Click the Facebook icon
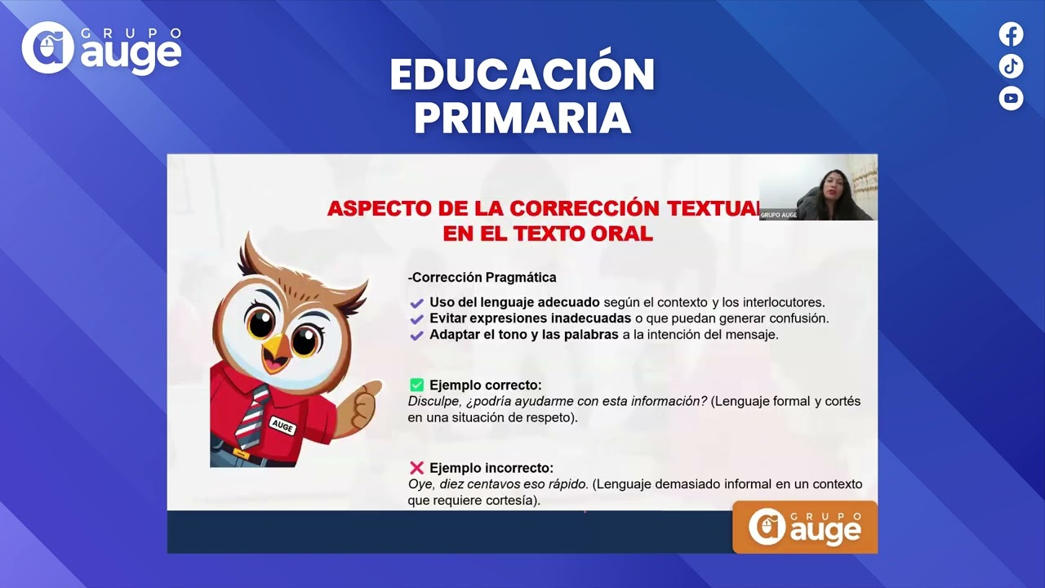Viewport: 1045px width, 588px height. click(x=1011, y=34)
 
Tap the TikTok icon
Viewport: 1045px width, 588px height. click(x=1011, y=66)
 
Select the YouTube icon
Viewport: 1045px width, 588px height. click(x=1011, y=98)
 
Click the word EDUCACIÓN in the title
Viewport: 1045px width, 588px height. click(x=522, y=75)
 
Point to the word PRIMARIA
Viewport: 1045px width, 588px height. click(x=522, y=118)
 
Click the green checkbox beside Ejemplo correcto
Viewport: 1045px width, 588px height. click(x=416, y=385)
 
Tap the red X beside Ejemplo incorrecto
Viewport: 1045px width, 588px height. click(x=416, y=468)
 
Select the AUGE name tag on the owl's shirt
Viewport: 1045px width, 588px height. click(x=282, y=425)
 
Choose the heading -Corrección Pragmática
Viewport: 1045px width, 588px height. click(x=482, y=278)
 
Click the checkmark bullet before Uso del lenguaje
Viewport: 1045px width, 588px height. click(x=416, y=303)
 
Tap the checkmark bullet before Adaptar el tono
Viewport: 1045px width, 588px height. click(x=416, y=336)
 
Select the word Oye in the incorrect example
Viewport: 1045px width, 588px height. click(x=419, y=484)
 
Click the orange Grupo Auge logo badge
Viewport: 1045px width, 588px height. click(x=804, y=527)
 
